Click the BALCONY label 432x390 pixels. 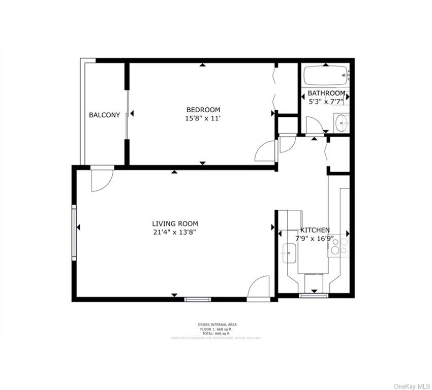pyautogui.click(x=105, y=115)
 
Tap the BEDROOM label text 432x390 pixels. pyautogui.click(x=203, y=110)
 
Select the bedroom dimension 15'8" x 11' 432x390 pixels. pyautogui.click(x=203, y=118)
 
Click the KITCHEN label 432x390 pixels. pyautogui.click(x=315, y=230)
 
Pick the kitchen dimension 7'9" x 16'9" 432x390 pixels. pyautogui.click(x=315, y=239)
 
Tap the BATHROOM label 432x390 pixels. pyautogui.click(x=326, y=93)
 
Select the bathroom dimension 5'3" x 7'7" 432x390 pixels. pyautogui.click(x=326, y=102)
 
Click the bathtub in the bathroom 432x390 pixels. pyautogui.click(x=325, y=76)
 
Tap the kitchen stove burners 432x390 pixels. pyautogui.click(x=337, y=246)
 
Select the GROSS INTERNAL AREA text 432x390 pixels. pyautogui.click(x=217, y=324)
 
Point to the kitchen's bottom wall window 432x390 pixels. pyautogui.click(x=314, y=295)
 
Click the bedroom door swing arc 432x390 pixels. pyautogui.click(x=265, y=150)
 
